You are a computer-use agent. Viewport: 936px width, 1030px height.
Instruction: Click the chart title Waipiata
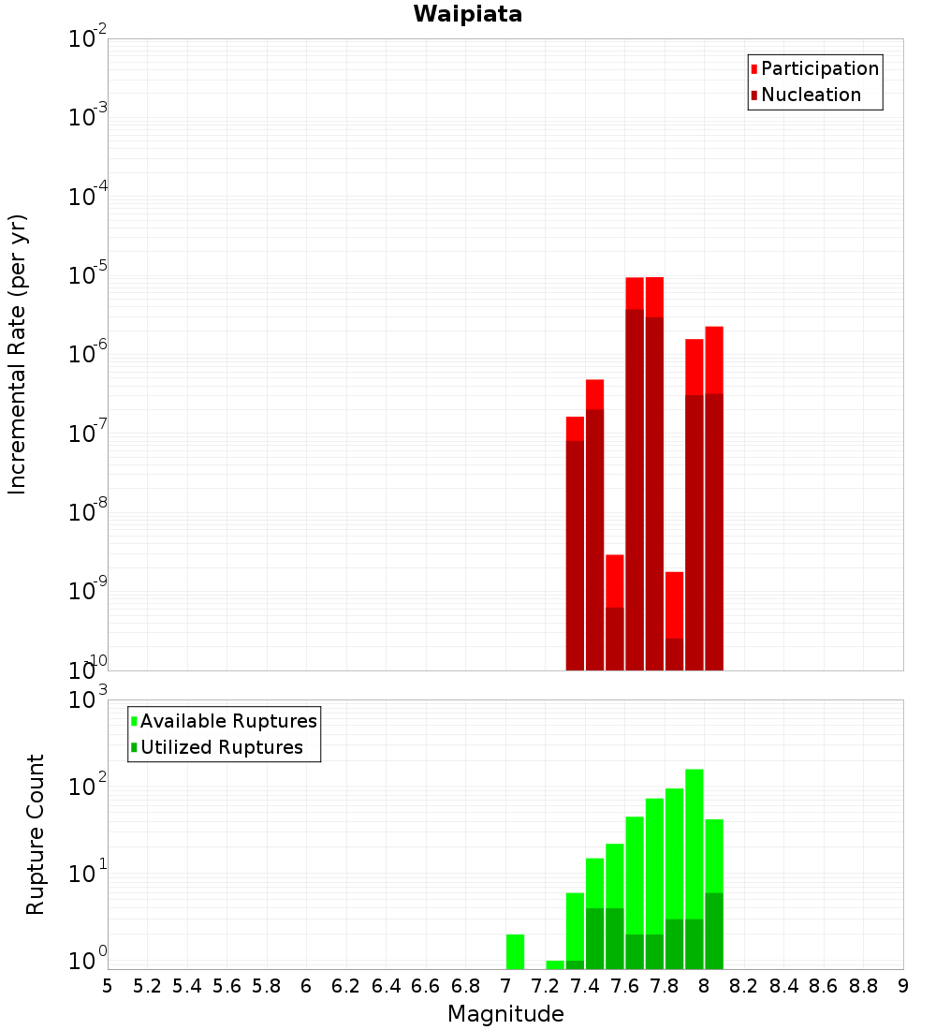(468, 14)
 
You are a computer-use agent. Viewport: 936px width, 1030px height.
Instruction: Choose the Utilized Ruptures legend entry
(221, 747)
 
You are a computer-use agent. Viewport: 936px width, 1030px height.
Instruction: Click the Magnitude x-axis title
(505, 1014)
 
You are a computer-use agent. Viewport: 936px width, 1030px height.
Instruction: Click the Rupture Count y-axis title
(36, 833)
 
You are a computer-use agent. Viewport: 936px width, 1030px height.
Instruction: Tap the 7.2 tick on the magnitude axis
(546, 985)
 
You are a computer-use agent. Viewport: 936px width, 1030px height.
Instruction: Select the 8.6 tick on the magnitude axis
(824, 985)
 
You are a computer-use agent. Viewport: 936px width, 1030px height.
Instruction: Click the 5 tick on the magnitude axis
(108, 985)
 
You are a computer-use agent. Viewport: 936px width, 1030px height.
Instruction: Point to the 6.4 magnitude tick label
(387, 985)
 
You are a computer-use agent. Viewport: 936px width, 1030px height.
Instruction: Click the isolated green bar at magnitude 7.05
(515, 950)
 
